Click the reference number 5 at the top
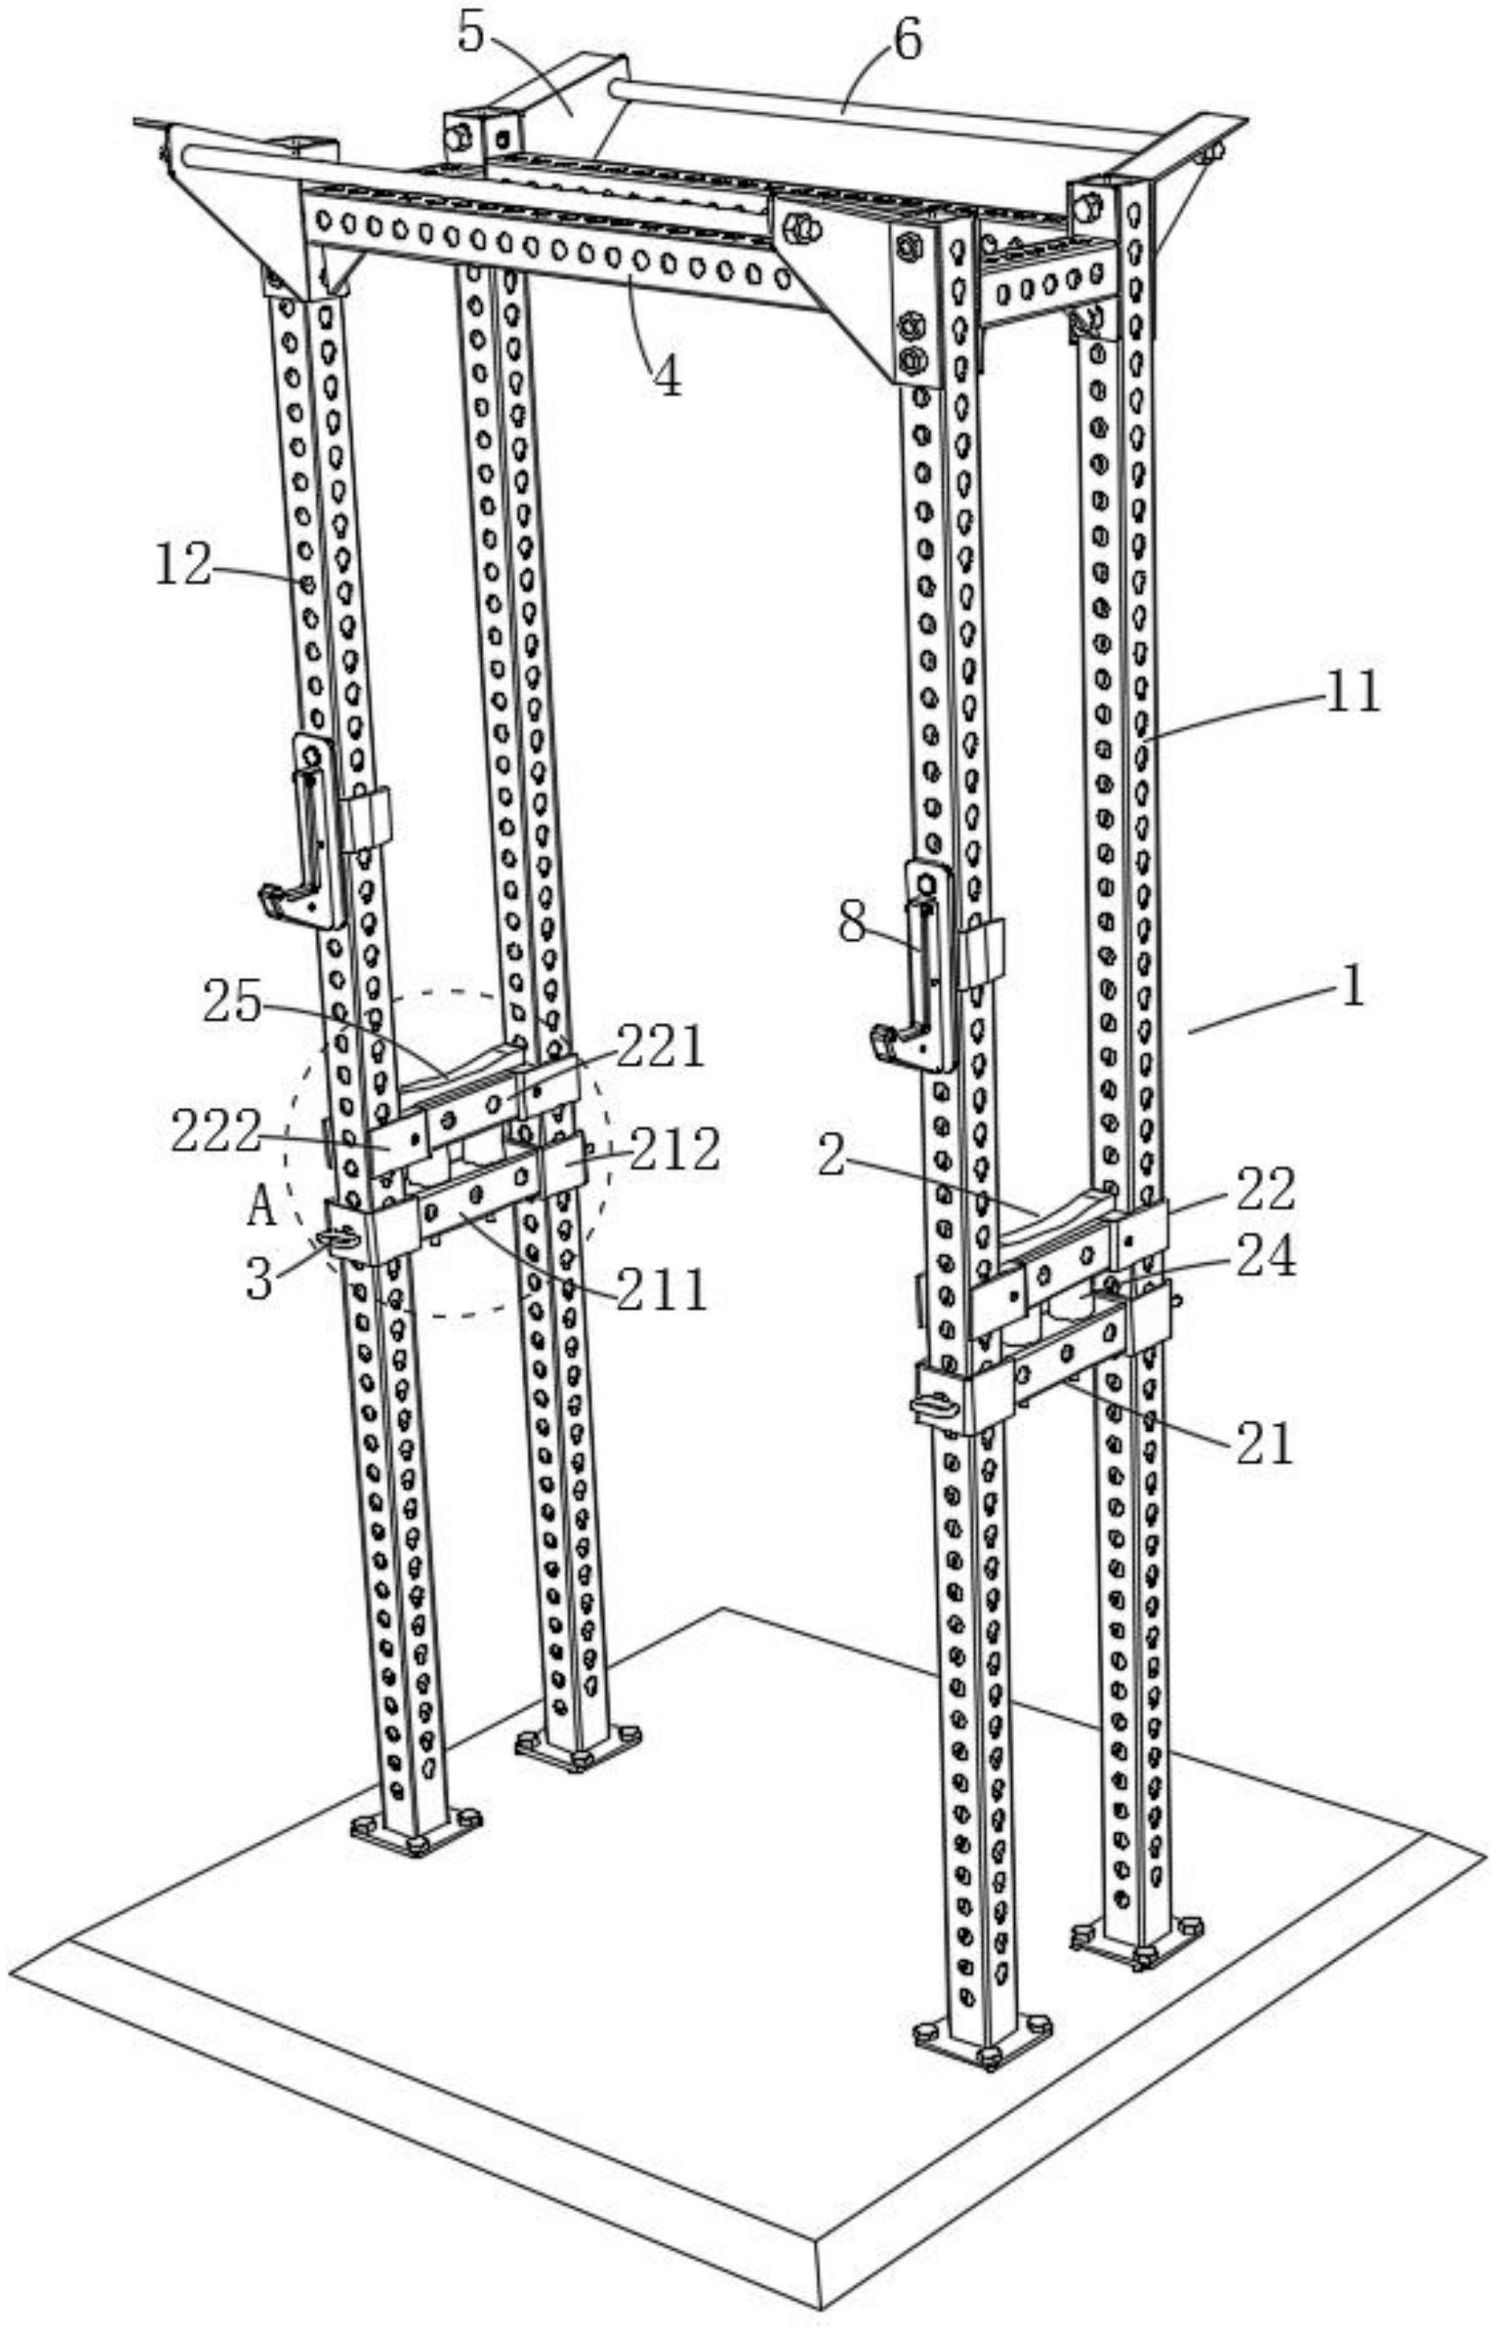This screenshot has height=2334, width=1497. point(471,35)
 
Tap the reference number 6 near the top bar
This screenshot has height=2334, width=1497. point(906,42)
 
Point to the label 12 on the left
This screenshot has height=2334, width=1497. point(182,565)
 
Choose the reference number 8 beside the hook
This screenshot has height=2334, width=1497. point(851,923)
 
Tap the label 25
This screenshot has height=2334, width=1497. point(231,1002)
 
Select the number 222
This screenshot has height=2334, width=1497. point(215,1131)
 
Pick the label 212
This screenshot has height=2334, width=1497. point(674,1150)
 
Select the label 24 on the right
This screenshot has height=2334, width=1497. point(1266,1257)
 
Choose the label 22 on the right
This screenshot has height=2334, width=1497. point(1266,1188)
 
